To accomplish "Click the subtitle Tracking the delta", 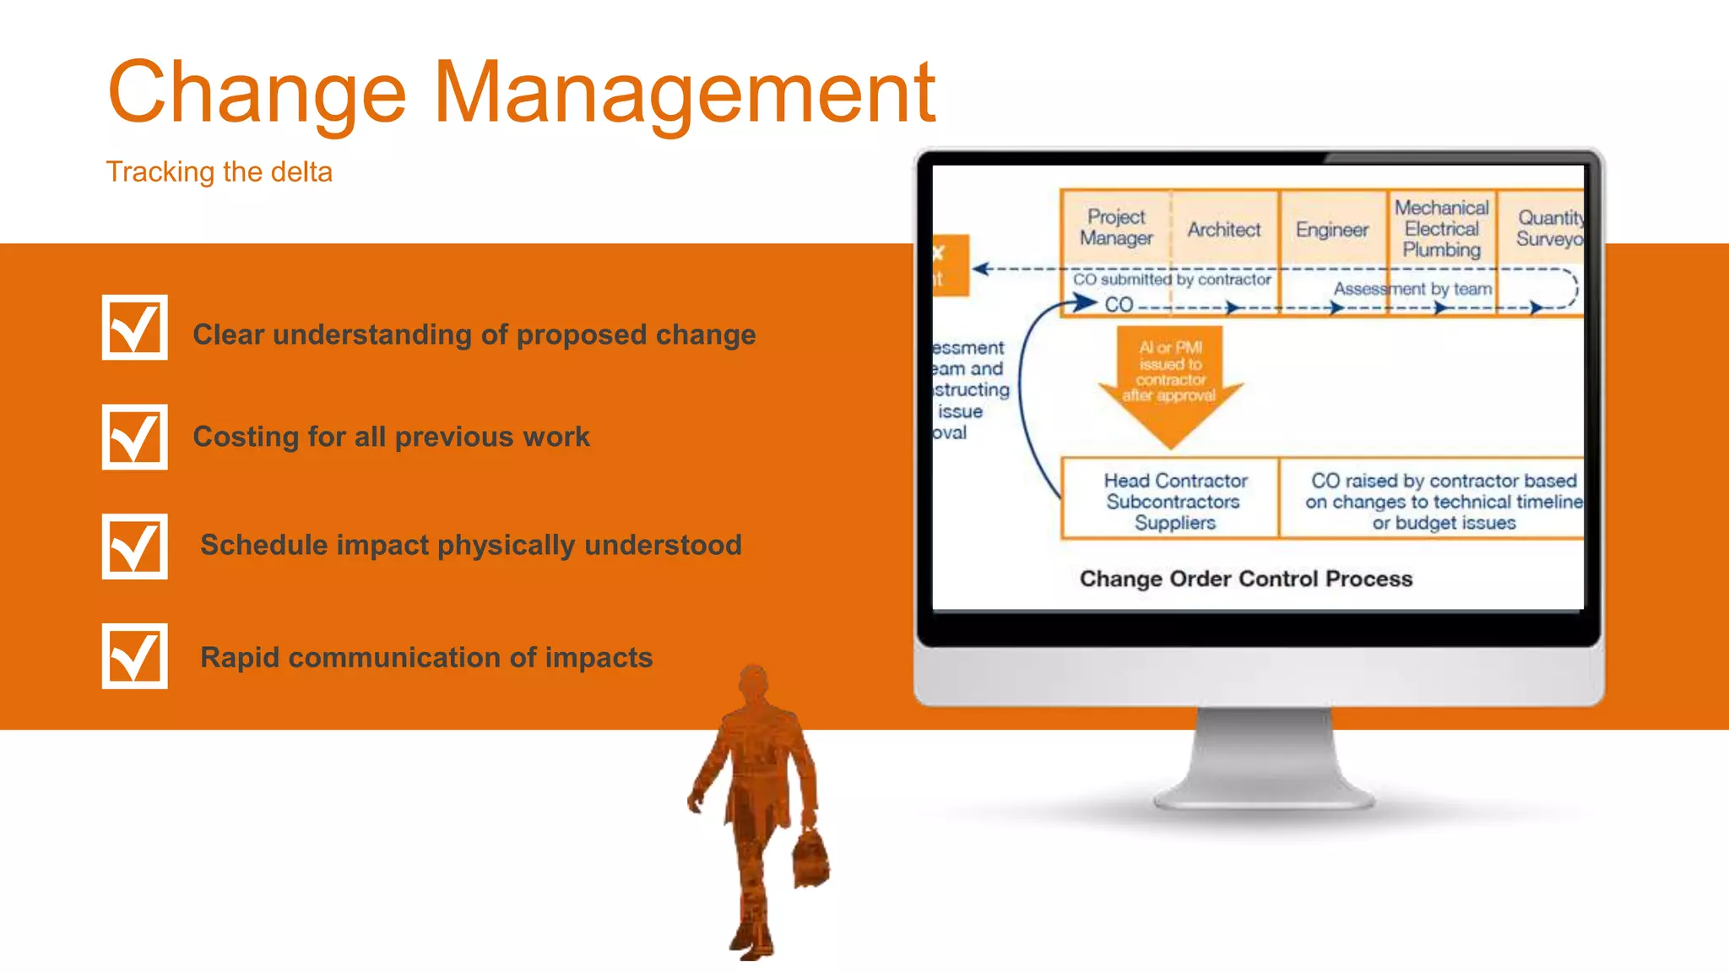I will click(x=219, y=172).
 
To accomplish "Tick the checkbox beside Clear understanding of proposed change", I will click(x=134, y=328).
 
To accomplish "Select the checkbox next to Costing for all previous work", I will click(x=134, y=437).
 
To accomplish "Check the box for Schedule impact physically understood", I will click(x=134, y=546).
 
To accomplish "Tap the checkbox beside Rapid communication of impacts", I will click(x=134, y=656).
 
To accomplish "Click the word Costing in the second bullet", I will click(x=246, y=437).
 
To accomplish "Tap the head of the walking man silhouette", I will click(x=753, y=681).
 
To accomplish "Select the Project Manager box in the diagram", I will click(x=1115, y=227).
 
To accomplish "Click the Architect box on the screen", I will click(x=1223, y=230).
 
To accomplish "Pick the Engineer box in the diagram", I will click(x=1331, y=230).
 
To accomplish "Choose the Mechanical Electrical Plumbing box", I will click(x=1441, y=228).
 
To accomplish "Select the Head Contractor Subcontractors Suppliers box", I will click(x=1174, y=501).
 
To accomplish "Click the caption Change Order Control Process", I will click(x=1245, y=579).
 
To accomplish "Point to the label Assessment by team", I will click(x=1412, y=289).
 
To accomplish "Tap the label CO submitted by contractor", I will click(x=1171, y=280).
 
